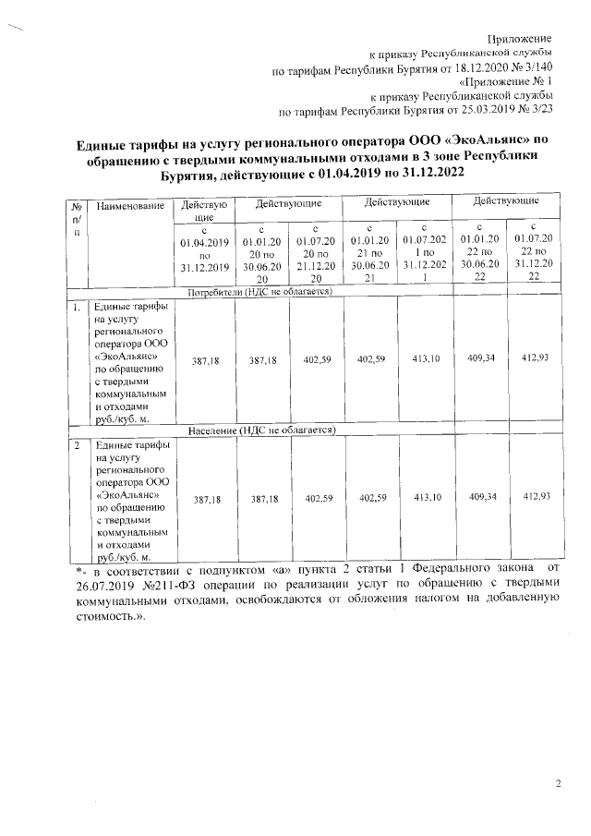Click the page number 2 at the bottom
558,784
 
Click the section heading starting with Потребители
259,292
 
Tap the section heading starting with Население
259,430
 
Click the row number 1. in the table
77,305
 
